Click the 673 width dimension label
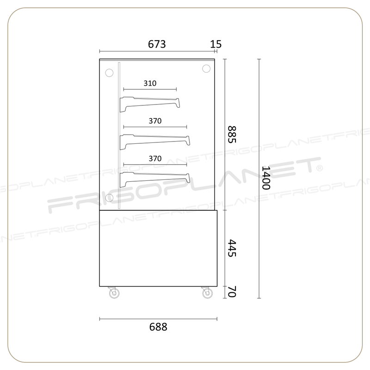point(157,44)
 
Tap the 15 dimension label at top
point(216,44)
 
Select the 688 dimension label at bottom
point(158,327)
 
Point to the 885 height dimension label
point(232,135)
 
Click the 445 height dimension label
point(232,248)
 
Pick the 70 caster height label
point(232,292)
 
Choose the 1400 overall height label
point(266,178)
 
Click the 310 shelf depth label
point(150,83)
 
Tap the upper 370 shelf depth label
point(155,121)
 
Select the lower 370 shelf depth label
point(155,158)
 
